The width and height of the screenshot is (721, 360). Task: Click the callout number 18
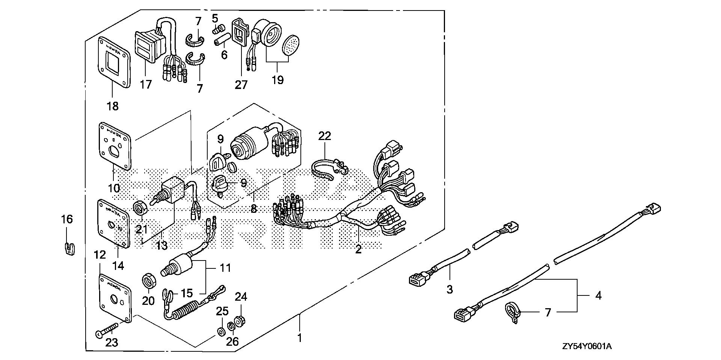click(112, 106)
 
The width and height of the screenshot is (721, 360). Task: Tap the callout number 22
click(325, 136)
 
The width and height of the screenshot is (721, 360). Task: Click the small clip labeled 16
click(68, 248)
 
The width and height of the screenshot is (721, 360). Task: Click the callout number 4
click(598, 295)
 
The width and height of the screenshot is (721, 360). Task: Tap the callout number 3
click(449, 289)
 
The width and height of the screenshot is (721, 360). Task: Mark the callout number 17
click(146, 84)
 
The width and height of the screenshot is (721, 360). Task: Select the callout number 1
click(299, 338)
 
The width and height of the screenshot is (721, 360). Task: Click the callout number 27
click(241, 85)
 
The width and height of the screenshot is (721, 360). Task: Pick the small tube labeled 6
click(221, 40)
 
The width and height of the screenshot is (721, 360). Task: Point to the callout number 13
click(161, 246)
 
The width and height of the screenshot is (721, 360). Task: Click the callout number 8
click(254, 208)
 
